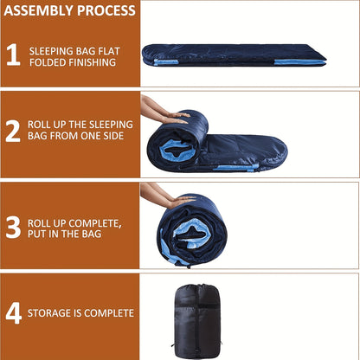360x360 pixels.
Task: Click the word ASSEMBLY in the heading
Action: coord(39,10)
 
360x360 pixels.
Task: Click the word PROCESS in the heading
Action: coord(106,10)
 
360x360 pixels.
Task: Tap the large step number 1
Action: coord(13,55)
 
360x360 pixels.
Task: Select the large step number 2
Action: coord(13,132)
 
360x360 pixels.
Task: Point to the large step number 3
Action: coord(13,228)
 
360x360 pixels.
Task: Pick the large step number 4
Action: coord(14,313)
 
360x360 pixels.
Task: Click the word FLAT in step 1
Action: coord(109,51)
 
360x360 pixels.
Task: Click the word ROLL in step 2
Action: coord(39,125)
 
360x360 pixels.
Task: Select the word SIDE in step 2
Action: coord(113,136)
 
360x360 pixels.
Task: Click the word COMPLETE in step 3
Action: coord(95,223)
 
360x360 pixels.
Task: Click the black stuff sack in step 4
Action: coord(197,321)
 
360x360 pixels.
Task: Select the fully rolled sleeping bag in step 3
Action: coord(192,231)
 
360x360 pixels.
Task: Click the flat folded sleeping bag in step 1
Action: coord(234,55)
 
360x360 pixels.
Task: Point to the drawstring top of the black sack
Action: coord(199,287)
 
